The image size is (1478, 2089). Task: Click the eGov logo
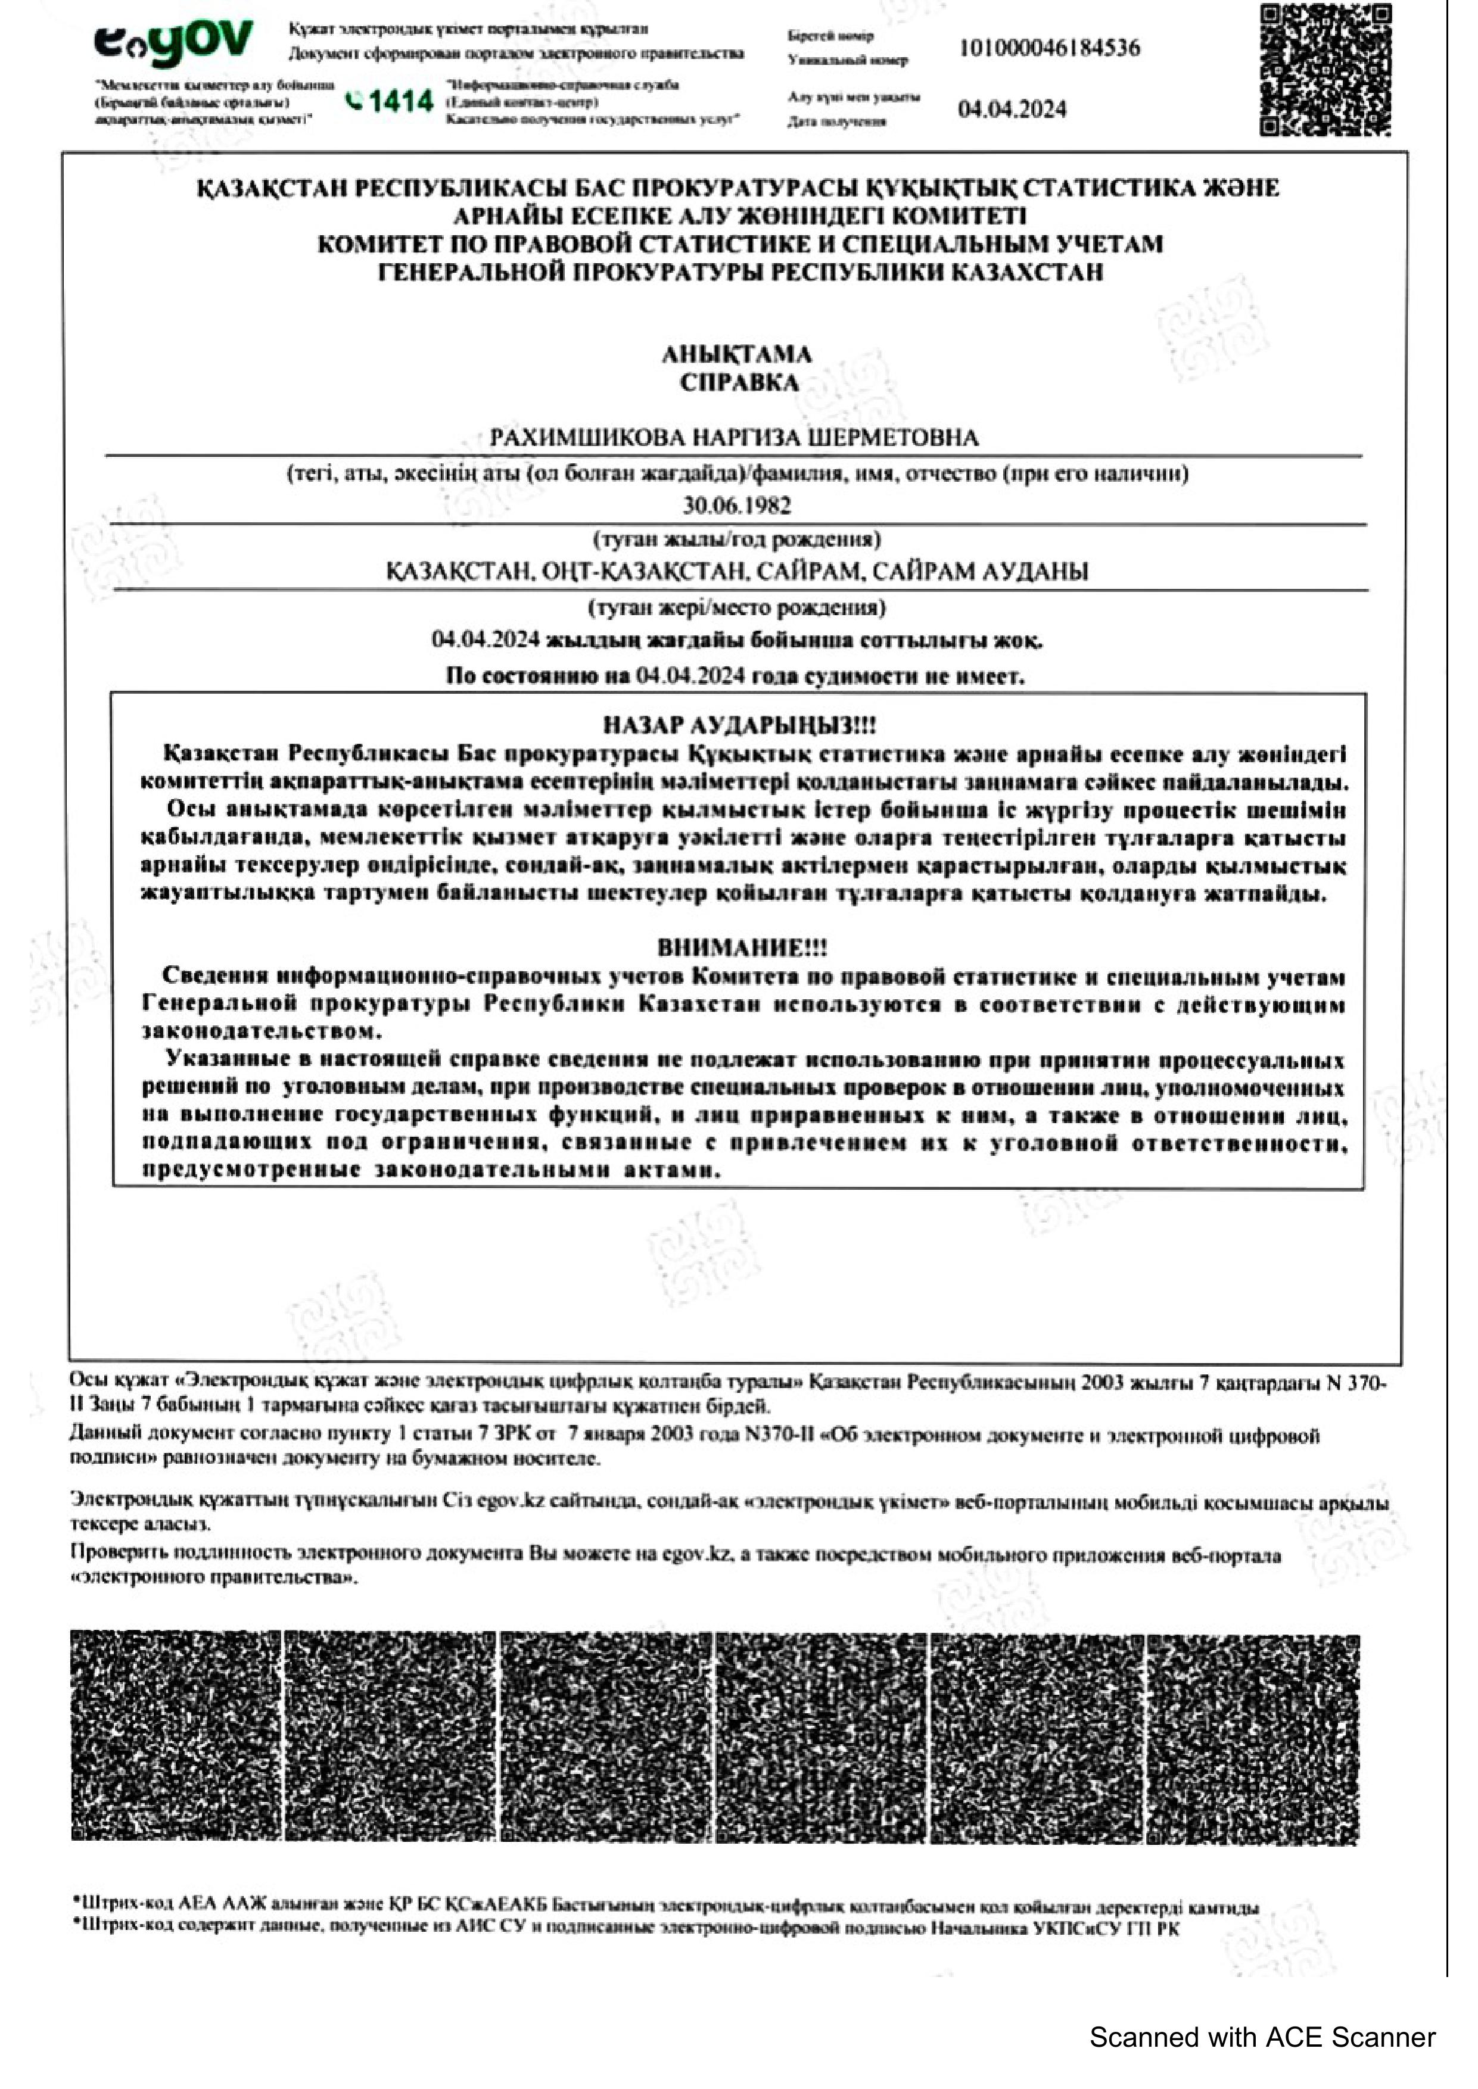tap(173, 43)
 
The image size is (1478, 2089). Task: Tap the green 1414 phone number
tap(391, 101)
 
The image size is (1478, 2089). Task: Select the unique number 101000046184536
tap(1048, 48)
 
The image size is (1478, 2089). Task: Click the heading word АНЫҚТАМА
tap(736, 354)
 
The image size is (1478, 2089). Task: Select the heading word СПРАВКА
tap(738, 383)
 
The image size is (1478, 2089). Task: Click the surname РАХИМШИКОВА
tap(587, 438)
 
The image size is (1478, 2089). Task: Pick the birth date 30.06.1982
tap(737, 506)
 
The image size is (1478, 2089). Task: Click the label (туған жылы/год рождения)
tap(737, 540)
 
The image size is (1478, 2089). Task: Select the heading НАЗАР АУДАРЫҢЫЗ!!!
tap(739, 725)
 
